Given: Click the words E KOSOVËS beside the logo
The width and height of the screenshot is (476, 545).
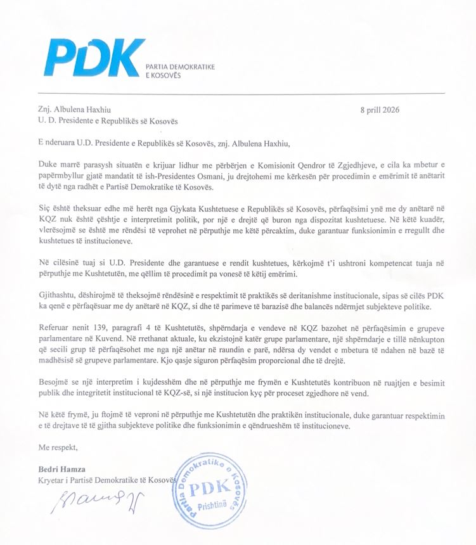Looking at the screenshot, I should [164, 76].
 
